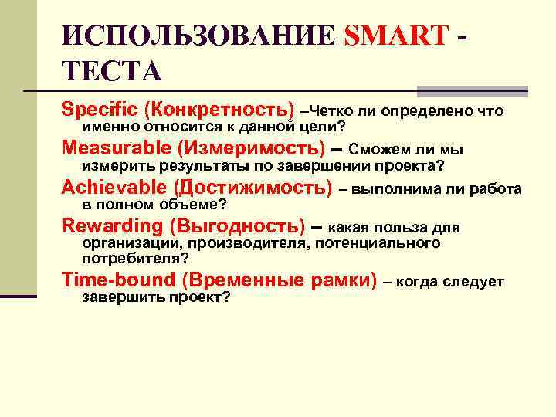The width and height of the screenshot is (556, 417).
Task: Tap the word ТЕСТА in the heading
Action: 111,71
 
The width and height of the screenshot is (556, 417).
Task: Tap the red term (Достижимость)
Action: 253,188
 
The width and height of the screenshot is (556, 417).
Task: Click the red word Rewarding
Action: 110,226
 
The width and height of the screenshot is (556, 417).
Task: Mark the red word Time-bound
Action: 105,280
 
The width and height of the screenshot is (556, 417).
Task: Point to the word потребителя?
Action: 135,259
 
